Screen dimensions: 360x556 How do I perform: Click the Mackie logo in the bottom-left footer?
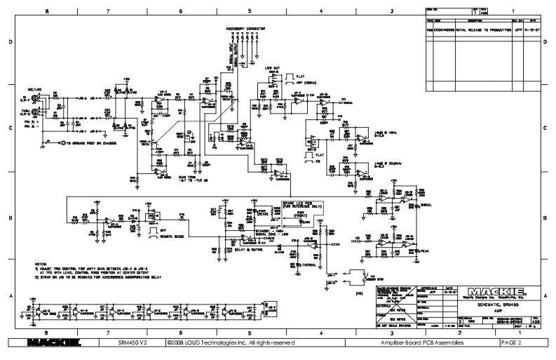[53, 343]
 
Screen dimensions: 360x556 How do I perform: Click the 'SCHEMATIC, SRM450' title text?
[487, 304]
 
